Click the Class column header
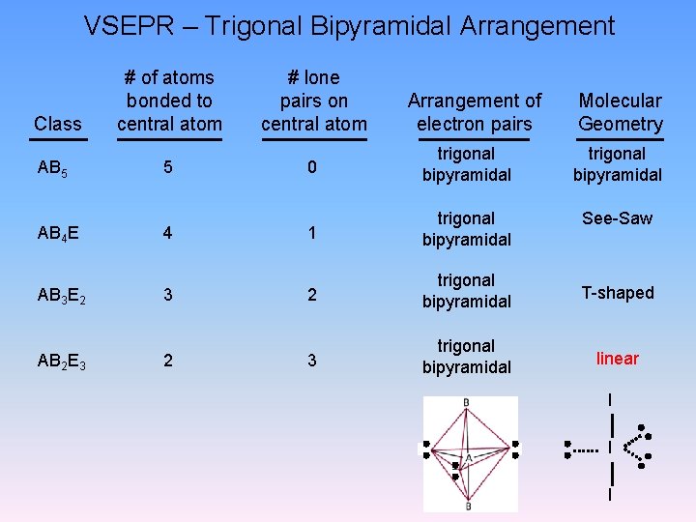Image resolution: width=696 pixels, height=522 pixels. [x=57, y=124]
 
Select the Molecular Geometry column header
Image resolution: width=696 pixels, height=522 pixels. [x=620, y=112]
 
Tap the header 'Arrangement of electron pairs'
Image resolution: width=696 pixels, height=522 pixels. [x=475, y=112]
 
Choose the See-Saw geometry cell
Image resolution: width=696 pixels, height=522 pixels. [x=617, y=218]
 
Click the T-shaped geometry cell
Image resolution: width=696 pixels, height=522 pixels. [x=617, y=293]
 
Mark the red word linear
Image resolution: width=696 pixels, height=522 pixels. [x=617, y=359]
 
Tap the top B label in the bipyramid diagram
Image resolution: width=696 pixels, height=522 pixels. [x=467, y=402]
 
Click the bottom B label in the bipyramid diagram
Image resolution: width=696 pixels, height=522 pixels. [x=468, y=505]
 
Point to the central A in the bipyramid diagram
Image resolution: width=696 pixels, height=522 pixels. [x=468, y=457]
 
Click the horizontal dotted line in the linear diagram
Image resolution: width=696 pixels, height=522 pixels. [x=586, y=449]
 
